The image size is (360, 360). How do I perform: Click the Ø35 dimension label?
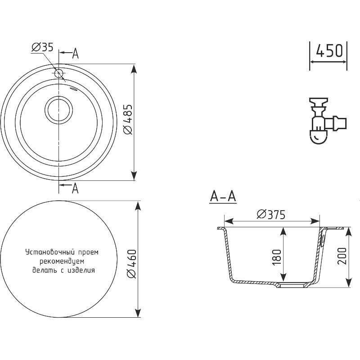point(42,47)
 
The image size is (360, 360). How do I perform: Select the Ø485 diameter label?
point(128,119)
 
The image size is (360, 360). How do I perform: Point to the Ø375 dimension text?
point(271,215)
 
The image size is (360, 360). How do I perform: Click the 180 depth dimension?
point(277,257)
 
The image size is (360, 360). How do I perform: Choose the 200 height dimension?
point(342,256)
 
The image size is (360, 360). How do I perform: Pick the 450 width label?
point(329,51)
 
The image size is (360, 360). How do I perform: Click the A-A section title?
point(223,197)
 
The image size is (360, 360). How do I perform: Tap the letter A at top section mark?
point(75,54)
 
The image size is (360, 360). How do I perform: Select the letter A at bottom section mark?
point(75,188)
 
